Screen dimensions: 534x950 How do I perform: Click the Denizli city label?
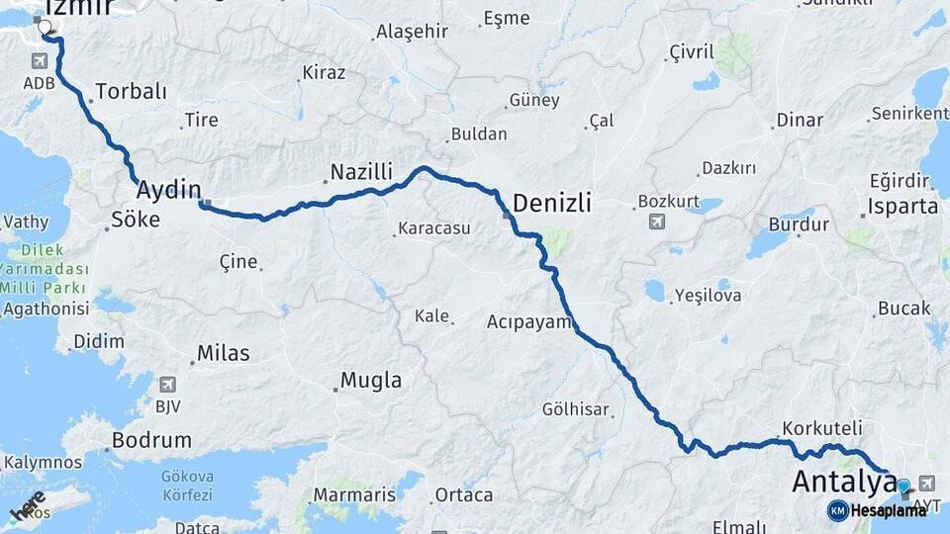(x=552, y=204)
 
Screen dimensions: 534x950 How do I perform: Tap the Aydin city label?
(x=168, y=190)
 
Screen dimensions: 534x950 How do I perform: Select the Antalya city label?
(x=843, y=484)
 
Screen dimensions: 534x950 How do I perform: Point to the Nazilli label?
(x=361, y=172)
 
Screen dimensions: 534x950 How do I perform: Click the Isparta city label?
(x=902, y=207)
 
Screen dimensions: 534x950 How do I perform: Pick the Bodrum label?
(x=150, y=440)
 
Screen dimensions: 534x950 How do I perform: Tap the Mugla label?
(x=371, y=380)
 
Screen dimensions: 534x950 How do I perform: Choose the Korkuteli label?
(x=821, y=429)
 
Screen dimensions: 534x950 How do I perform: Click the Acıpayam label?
(x=529, y=321)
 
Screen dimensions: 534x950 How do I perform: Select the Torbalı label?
(x=130, y=92)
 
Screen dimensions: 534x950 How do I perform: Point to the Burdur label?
(x=798, y=224)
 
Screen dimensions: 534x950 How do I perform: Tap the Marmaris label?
(x=353, y=493)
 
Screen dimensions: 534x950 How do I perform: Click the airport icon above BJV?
(x=166, y=385)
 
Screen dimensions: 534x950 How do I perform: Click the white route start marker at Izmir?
(x=45, y=27)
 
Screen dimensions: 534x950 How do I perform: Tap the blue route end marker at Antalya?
(x=902, y=486)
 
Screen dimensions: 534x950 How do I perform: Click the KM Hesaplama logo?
(x=877, y=510)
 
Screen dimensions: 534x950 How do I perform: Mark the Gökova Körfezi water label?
(x=186, y=485)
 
